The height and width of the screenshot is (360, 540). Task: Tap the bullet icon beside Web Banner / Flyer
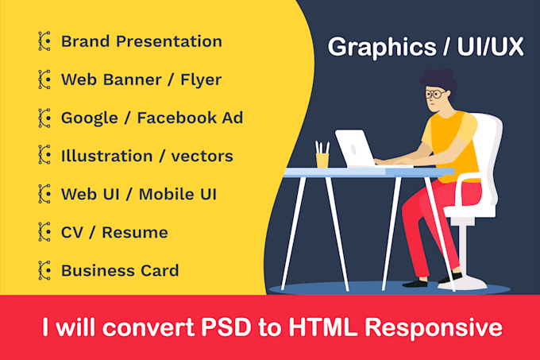pyautogui.click(x=44, y=79)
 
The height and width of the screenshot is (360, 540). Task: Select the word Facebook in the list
pyautogui.click(x=176, y=118)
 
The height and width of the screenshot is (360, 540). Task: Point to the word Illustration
pyautogui.click(x=106, y=156)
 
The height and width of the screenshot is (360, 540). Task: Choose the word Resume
pyautogui.click(x=135, y=233)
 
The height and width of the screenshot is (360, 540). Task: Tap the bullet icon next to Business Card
pyautogui.click(x=44, y=270)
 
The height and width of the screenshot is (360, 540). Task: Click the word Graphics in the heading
pyautogui.click(x=382, y=48)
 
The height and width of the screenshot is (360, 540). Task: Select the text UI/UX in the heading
pyautogui.click(x=491, y=46)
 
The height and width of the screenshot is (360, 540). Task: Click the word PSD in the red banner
pyautogui.click(x=226, y=327)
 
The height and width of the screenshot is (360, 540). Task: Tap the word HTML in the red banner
pyautogui.click(x=323, y=327)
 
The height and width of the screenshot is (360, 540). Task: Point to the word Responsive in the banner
pyautogui.click(x=434, y=328)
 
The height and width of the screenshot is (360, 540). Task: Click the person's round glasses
pyautogui.click(x=434, y=94)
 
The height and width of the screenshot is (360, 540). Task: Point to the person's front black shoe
pyautogui.click(x=415, y=284)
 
